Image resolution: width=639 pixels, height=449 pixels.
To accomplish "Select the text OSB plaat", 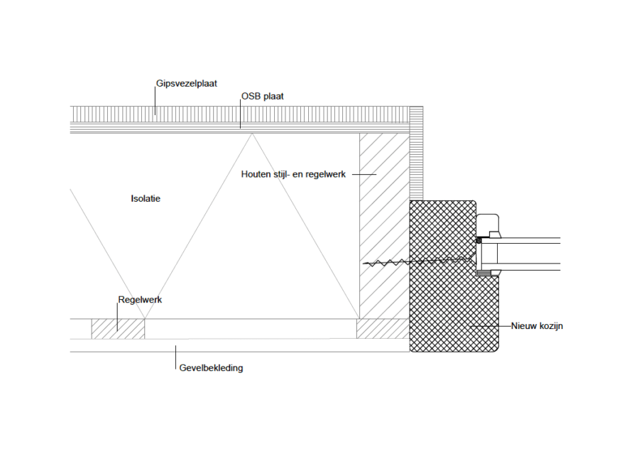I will [x=263, y=97].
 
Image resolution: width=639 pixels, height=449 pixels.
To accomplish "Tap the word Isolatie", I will [x=146, y=199].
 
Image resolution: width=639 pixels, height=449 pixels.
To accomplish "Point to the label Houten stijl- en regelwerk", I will [x=293, y=175].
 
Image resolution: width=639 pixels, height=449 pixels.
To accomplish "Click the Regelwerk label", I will [x=140, y=301].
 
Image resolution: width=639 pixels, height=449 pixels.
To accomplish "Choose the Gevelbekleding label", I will [x=211, y=368].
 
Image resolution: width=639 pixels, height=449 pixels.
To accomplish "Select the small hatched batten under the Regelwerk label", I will [x=118, y=329].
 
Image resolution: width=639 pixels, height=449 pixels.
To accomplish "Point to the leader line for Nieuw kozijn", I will [x=490, y=327].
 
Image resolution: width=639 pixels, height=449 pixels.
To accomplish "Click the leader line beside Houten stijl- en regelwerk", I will [x=363, y=175].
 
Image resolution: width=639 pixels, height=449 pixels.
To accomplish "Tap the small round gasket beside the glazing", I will [x=479, y=241].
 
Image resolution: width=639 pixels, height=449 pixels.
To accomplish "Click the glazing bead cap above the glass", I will [x=488, y=226].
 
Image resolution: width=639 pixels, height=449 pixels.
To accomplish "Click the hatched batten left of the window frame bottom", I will [x=383, y=329].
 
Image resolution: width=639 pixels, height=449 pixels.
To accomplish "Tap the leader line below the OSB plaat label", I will [x=240, y=114].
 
